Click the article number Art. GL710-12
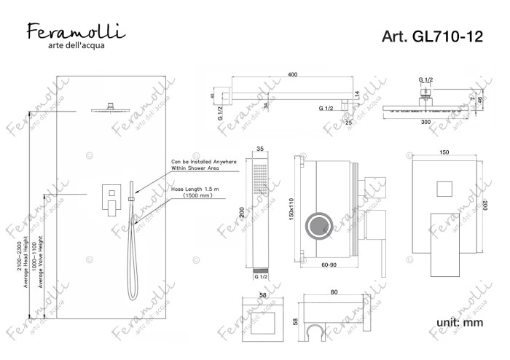(x=431, y=37)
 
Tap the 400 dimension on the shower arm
(x=292, y=75)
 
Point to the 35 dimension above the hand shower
(x=261, y=149)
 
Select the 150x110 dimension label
(x=291, y=211)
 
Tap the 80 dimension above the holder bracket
(x=334, y=292)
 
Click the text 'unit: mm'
(x=459, y=321)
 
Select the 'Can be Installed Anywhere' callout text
(x=203, y=162)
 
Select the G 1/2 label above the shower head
(x=425, y=79)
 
